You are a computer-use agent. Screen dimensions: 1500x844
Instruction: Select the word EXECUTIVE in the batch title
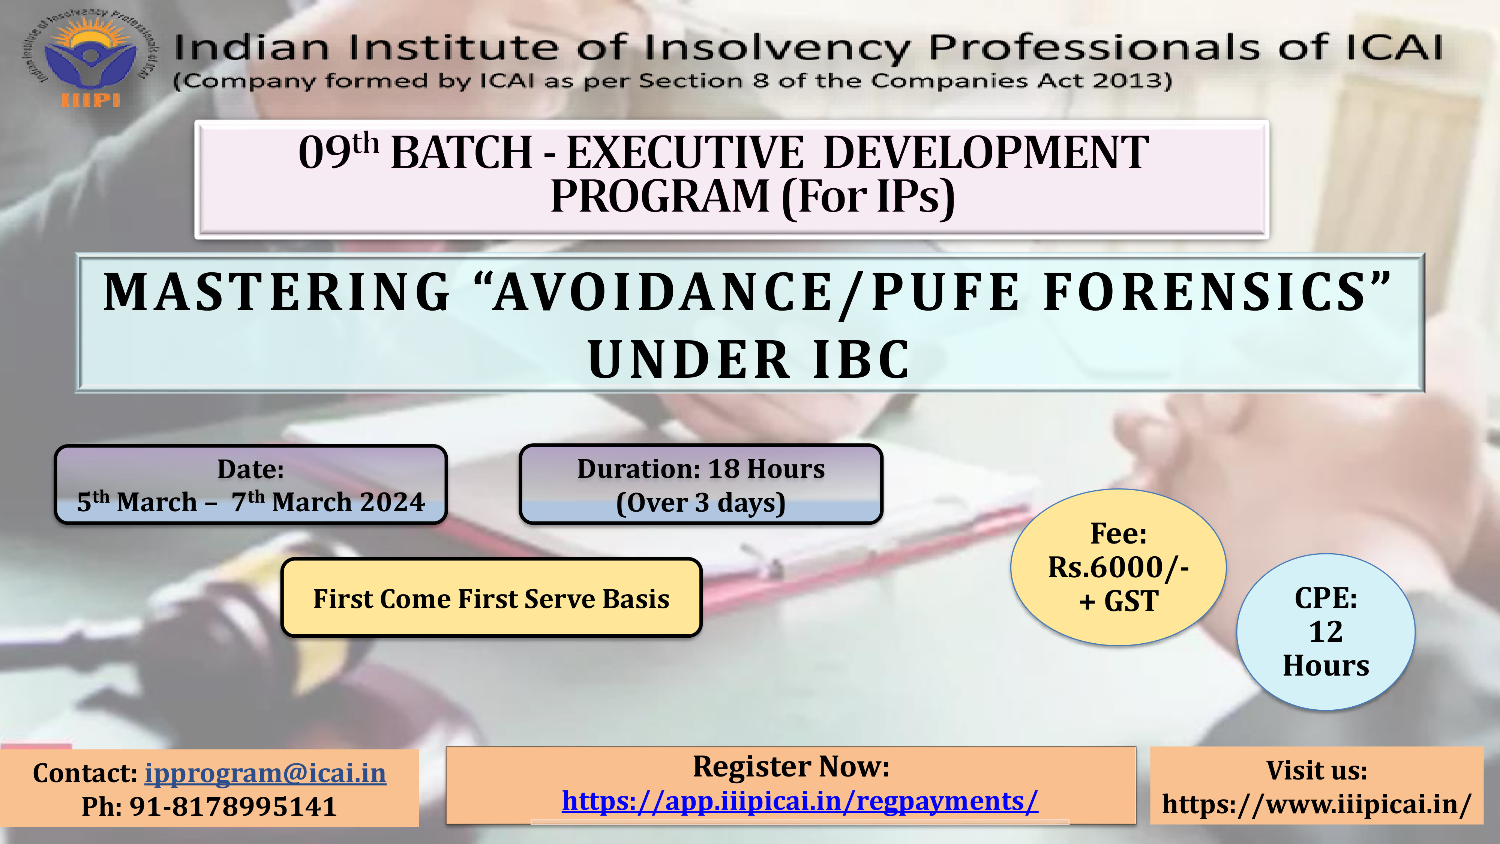pyautogui.click(x=685, y=153)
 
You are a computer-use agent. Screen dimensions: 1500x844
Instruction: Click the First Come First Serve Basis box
pyautogui.click(x=492, y=598)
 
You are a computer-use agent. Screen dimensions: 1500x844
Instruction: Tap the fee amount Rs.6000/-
pyautogui.click(x=1118, y=567)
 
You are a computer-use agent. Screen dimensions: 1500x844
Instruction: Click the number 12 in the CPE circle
pyautogui.click(x=1326, y=632)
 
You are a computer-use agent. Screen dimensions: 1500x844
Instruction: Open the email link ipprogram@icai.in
pyautogui.click(x=265, y=773)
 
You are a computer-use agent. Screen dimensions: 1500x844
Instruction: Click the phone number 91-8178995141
pyautogui.click(x=233, y=807)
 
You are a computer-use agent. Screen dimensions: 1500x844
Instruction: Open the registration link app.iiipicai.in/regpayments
pyautogui.click(x=800, y=802)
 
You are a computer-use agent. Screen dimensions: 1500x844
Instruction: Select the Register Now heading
pyautogui.click(x=791, y=766)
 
